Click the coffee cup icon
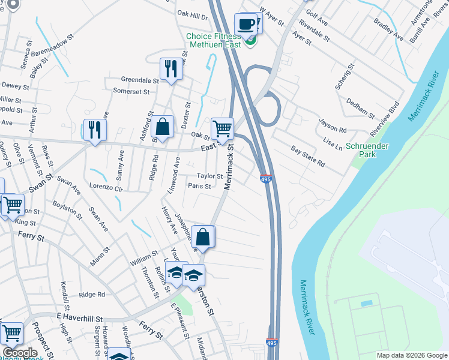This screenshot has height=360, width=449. (245, 25)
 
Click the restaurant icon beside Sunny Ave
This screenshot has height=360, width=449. (95, 129)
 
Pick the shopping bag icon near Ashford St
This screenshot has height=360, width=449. (162, 127)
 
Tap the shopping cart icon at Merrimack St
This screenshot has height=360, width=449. (222, 127)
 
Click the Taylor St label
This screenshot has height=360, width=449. (210, 176)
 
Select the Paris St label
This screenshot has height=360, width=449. (199, 187)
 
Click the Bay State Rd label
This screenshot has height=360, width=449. (308, 155)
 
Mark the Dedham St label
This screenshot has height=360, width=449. (360, 109)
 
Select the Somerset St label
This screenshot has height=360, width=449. (131, 91)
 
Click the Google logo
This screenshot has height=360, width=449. (19, 353)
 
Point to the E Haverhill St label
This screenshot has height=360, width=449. (80, 316)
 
